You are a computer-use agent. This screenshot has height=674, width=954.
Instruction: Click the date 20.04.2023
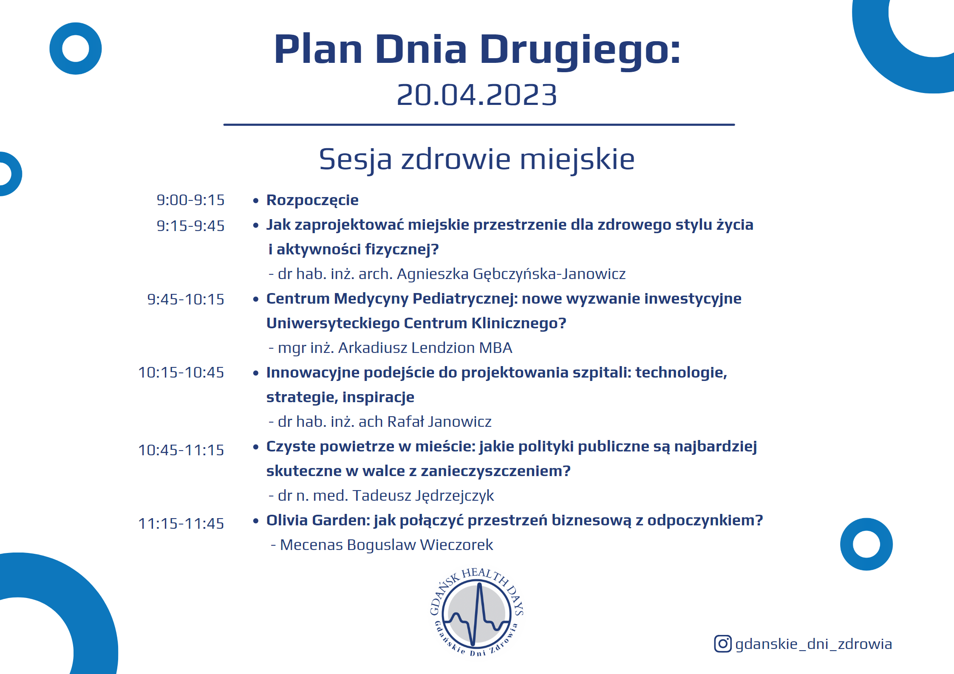(477, 95)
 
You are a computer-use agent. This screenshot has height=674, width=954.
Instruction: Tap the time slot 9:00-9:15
(190, 200)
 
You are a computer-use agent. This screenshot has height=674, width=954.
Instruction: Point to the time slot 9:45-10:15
(186, 299)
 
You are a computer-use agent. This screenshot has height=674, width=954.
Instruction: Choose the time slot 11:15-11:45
(181, 524)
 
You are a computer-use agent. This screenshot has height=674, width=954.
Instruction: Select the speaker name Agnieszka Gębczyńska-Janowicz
(511, 274)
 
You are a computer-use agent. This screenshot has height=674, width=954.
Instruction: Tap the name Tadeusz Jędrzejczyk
(423, 496)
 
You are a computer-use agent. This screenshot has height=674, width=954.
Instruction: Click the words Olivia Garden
(317, 520)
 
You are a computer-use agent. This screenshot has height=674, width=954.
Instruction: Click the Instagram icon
(722, 644)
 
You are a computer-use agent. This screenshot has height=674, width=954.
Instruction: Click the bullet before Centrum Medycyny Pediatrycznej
(256, 299)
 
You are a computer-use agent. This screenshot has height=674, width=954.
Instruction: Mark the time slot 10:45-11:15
(181, 450)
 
